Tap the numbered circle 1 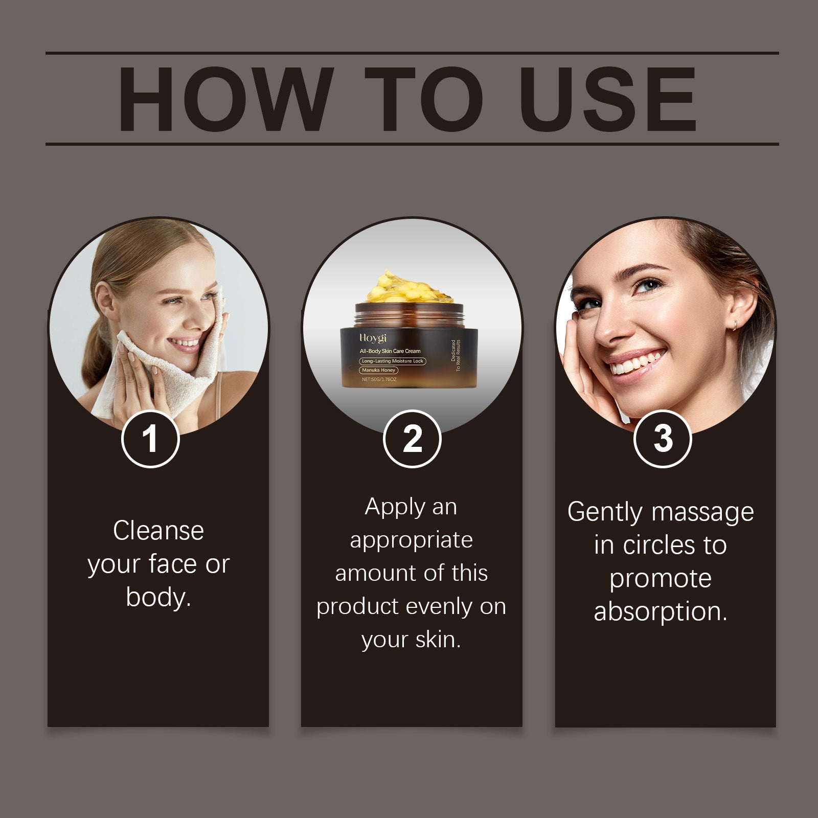[x=150, y=439]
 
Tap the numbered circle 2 [x=412, y=439]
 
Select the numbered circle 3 [x=663, y=439]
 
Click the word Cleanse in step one [x=158, y=530]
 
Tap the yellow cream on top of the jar [x=410, y=287]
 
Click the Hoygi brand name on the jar [x=373, y=338]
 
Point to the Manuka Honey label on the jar [x=379, y=370]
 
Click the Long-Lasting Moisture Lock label [x=393, y=361]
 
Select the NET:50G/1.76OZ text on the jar [x=379, y=379]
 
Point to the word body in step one [x=158, y=597]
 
